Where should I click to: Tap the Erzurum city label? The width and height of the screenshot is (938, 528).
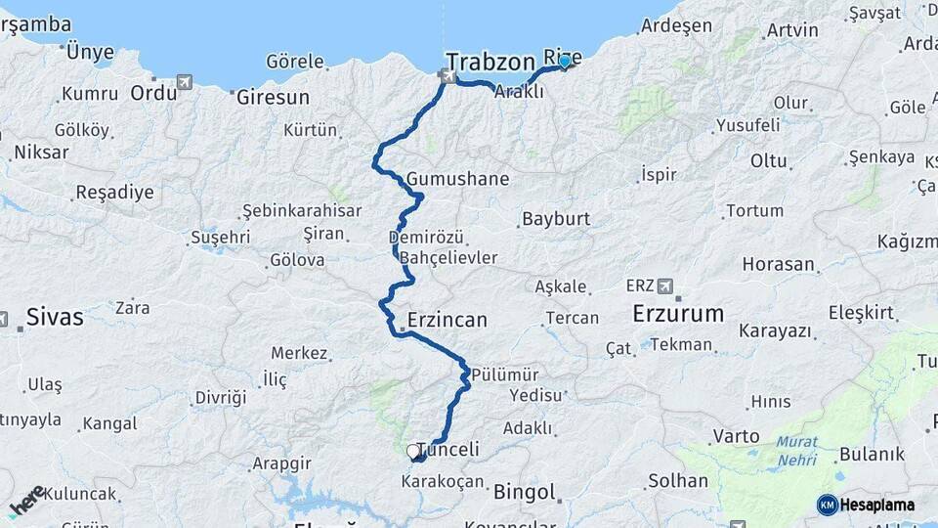coord(678,314)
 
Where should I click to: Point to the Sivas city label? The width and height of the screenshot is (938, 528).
coord(55,317)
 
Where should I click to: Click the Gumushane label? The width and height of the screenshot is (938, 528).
coord(458,179)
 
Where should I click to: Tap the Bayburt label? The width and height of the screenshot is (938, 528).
coord(556,218)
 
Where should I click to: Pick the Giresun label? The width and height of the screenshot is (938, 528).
coord(273,97)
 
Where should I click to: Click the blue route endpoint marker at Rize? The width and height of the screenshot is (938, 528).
coord(564,62)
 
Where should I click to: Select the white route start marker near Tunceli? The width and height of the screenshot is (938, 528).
coord(412,452)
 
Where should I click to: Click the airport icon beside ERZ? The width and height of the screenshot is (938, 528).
coord(666,286)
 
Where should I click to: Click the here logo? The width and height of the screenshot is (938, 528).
coord(27,501)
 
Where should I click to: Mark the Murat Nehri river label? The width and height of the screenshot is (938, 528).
coord(797,450)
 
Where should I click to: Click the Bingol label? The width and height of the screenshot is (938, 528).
coord(524,491)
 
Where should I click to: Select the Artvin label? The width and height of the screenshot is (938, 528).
coord(792,29)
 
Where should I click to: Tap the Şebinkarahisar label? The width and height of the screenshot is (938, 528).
coord(302,210)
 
